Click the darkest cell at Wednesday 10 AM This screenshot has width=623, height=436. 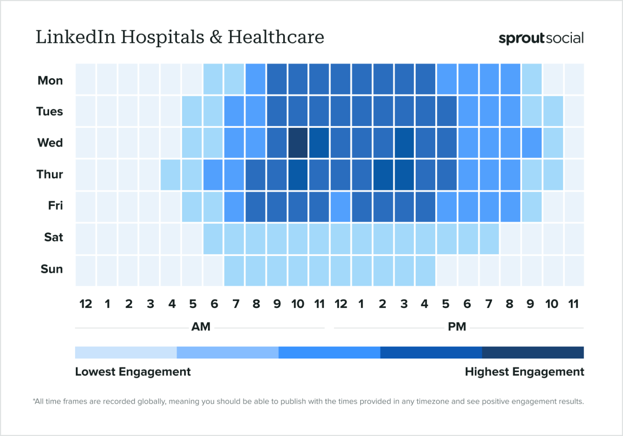[x=298, y=143]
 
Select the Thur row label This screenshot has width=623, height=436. [x=50, y=174]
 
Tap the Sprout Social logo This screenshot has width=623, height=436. [x=541, y=38]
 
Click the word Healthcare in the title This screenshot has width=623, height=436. [x=276, y=37]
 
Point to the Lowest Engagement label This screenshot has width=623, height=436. [x=133, y=372]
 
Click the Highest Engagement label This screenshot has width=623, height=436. [x=524, y=372]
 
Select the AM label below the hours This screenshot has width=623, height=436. [x=201, y=326]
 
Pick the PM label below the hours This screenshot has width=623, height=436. [x=457, y=326]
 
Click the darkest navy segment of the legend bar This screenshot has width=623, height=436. [x=533, y=352]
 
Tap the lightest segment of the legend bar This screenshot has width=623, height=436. [x=126, y=352]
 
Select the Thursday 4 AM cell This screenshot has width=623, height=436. [x=170, y=175]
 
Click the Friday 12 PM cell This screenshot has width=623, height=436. [x=340, y=206]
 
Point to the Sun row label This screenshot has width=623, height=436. [x=52, y=269]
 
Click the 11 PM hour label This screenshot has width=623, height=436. [x=573, y=304]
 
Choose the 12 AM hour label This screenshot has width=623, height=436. [x=86, y=304]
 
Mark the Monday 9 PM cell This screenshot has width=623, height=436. [x=531, y=79]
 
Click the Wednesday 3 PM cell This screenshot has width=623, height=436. [x=404, y=143]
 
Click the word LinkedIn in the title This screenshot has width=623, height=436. [x=76, y=37]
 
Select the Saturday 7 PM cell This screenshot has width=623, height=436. [x=489, y=238]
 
